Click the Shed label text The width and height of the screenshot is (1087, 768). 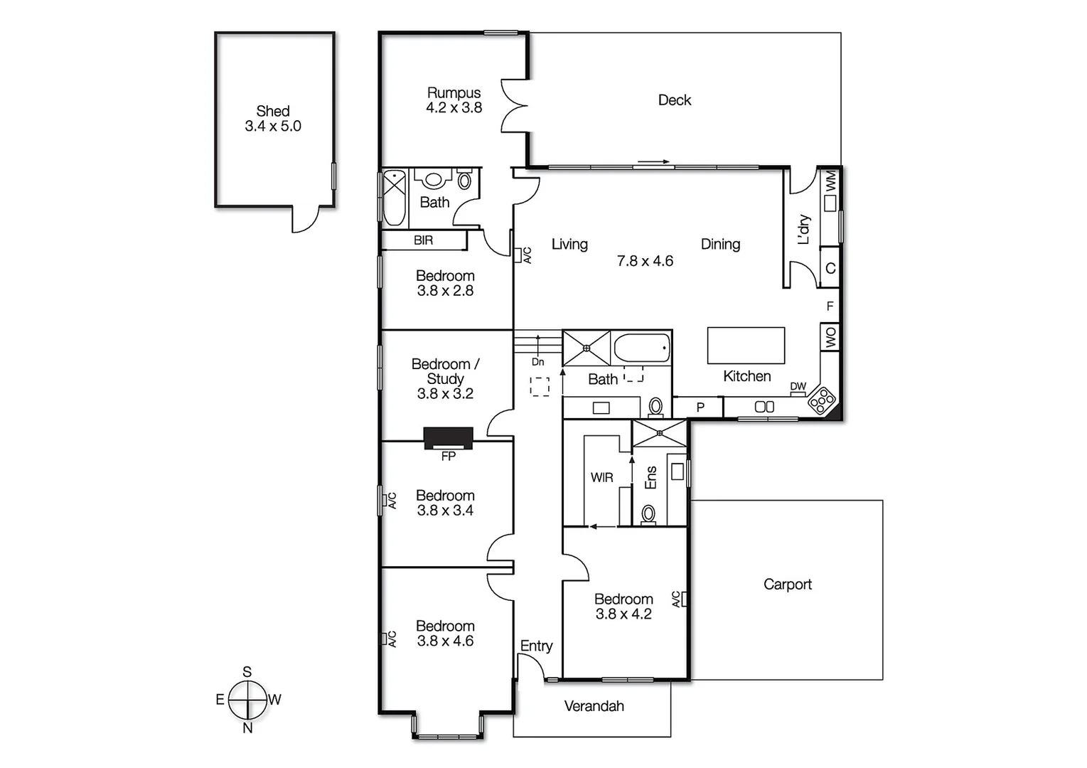coord(273,112)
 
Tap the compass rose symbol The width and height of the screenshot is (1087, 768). coord(247,700)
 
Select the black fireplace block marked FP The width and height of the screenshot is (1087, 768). coord(448,437)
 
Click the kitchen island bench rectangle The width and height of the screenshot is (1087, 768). coord(746,346)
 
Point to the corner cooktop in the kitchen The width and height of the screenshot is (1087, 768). coord(822,400)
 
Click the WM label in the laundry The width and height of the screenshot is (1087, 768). coord(830,182)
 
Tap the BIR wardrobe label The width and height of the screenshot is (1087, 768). coord(423,240)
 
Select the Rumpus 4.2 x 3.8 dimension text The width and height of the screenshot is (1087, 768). coord(454,108)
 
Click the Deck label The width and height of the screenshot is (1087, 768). coord(674,100)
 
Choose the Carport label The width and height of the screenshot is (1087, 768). coord(787,585)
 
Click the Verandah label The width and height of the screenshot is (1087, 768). coord(594,706)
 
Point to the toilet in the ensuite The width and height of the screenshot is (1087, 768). coord(648,513)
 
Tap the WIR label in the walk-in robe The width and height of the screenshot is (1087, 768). coord(601,478)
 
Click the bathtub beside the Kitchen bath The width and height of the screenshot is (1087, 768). coord(641,348)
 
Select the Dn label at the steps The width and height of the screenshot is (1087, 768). coord(537,362)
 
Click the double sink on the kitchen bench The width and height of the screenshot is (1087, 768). coord(764,407)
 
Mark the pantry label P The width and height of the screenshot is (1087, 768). coord(700,407)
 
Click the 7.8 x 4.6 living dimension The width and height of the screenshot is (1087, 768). coord(645,261)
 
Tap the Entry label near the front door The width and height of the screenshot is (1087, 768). coord(536,646)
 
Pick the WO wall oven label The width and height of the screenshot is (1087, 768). coord(830,337)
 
